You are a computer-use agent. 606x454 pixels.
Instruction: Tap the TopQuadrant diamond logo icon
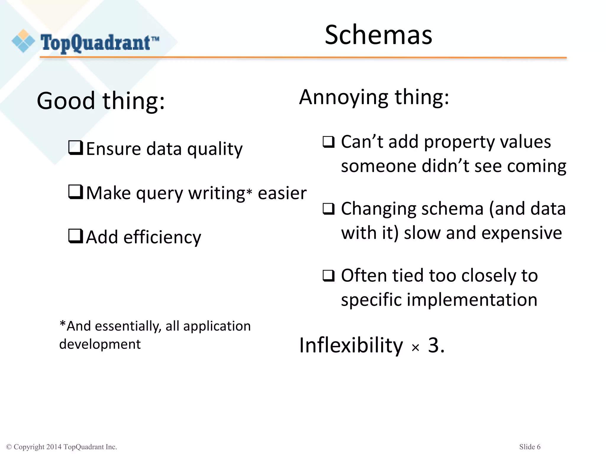(23, 41)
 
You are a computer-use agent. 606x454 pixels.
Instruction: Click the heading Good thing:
(101, 101)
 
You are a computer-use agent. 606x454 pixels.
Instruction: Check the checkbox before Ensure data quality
(75, 148)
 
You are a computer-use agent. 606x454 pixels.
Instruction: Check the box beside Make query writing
(75, 192)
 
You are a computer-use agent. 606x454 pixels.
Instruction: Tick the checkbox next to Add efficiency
(75, 236)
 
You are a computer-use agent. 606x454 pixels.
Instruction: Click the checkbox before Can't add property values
(328, 142)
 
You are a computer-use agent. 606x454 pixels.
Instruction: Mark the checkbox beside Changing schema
(328, 209)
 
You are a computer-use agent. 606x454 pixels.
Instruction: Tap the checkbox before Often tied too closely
(328, 276)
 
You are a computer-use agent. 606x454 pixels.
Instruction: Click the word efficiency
(162, 237)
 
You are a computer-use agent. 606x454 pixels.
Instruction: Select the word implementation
(472, 300)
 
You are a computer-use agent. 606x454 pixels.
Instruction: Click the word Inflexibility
(351, 345)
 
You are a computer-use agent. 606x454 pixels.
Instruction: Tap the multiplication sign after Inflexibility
(415, 348)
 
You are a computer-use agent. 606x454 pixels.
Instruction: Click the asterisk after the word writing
(249, 192)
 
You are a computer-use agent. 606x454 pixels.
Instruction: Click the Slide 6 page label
(530, 447)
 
